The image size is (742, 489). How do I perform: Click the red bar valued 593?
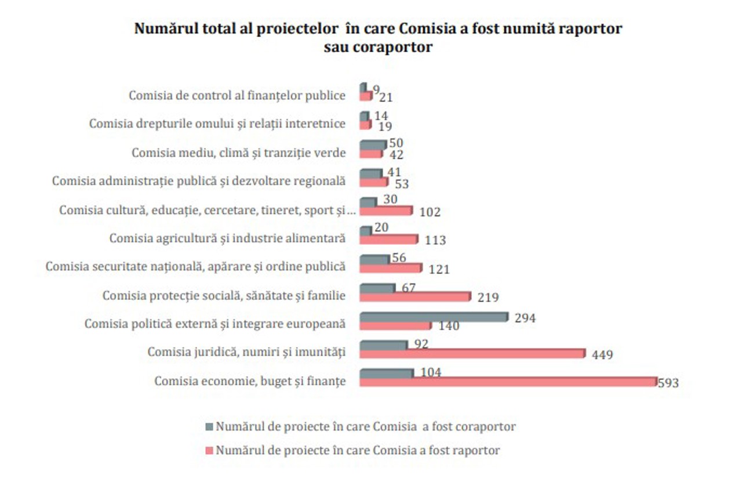click(x=508, y=382)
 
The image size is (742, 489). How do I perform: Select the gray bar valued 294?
click(x=434, y=317)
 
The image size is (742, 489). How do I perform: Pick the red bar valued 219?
click(x=415, y=296)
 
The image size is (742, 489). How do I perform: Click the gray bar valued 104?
click(x=387, y=373)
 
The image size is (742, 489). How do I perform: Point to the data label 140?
click(x=449, y=326)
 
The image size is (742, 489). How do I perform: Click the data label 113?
click(x=435, y=240)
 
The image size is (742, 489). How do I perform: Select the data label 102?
click(x=430, y=212)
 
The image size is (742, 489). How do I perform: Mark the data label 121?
click(x=439, y=269)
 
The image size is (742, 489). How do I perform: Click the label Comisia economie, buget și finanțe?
click(x=250, y=381)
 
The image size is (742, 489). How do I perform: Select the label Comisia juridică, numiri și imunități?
click(x=246, y=352)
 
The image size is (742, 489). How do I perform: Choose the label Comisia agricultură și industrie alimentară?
click(x=227, y=238)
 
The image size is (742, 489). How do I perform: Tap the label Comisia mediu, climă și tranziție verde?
click(x=239, y=153)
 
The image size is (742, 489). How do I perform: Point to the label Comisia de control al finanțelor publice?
click(x=237, y=96)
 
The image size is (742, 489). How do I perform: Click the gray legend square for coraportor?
click(x=210, y=426)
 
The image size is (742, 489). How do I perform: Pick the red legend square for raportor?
click(x=210, y=450)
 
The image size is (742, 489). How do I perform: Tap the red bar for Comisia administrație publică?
click(x=374, y=183)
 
